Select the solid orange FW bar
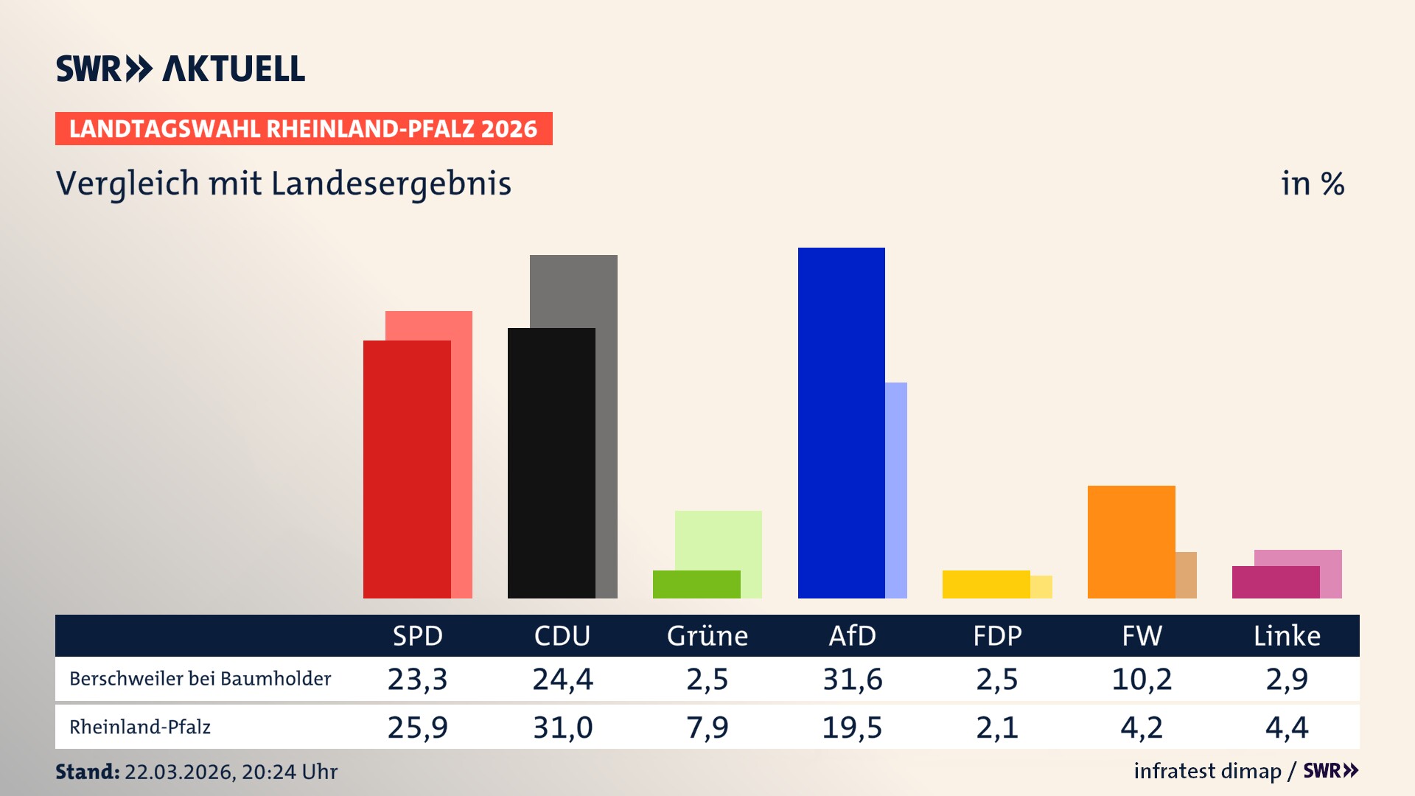(1131, 542)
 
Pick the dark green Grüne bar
(696, 584)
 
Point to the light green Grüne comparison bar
(719, 538)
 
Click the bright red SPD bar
(406, 469)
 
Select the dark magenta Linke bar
(1275, 582)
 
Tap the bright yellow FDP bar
(985, 584)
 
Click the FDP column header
(997, 635)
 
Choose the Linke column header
(1287, 635)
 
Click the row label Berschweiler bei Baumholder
(200, 679)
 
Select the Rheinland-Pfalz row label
(140, 727)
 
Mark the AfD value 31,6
(853, 679)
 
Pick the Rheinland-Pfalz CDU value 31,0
(563, 727)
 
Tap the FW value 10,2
(1142, 679)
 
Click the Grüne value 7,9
(707, 727)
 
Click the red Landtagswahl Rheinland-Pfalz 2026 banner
(304, 129)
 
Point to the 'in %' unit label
(1313, 184)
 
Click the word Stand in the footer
(87, 772)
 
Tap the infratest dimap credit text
(1207, 771)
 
